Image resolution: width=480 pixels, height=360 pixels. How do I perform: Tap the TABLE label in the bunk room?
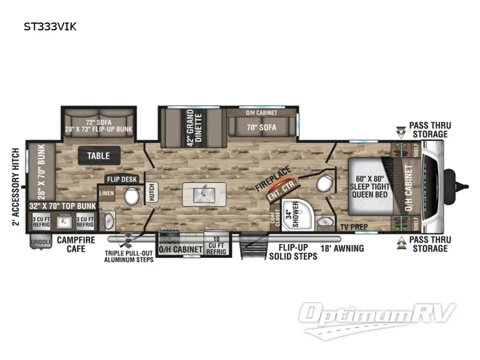(x=98, y=156)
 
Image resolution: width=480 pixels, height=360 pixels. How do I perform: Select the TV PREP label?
(x=352, y=226)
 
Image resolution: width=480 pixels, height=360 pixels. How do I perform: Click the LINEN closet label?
(x=106, y=193)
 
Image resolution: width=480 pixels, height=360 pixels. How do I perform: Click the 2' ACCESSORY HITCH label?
(x=14, y=186)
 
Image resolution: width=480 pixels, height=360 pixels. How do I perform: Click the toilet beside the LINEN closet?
(x=130, y=196)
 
